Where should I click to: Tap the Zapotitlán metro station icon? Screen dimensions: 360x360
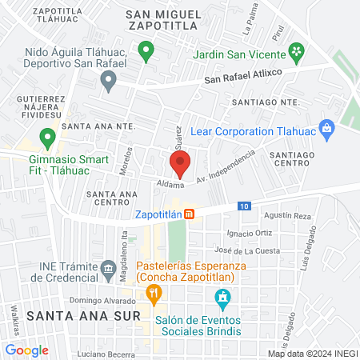[x=189, y=214]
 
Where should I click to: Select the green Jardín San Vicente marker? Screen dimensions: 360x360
[x=297, y=52]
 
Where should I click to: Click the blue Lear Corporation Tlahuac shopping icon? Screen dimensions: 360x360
[x=326, y=128]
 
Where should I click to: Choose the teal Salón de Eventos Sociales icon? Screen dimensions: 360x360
[x=224, y=300]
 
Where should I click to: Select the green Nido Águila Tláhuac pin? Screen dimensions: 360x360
[x=146, y=52]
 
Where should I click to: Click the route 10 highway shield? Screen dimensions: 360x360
[x=243, y=206]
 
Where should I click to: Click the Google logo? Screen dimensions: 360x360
[x=26, y=350]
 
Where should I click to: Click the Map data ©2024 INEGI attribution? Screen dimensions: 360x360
[x=312, y=354]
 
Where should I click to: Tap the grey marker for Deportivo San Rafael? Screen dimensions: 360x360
[x=108, y=80]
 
